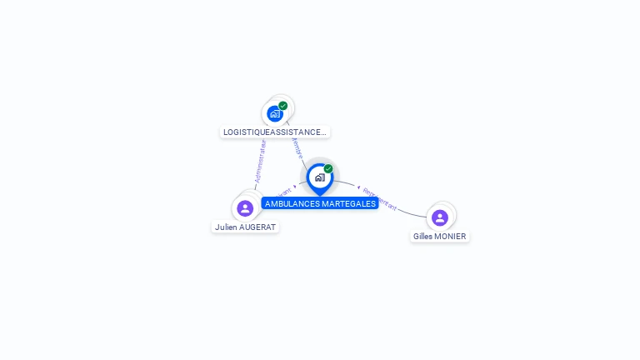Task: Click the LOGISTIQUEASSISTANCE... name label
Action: pyautogui.click(x=275, y=132)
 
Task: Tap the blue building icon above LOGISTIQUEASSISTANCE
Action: pyautogui.click(x=275, y=113)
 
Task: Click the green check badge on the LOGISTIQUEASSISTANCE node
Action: pyautogui.click(x=283, y=106)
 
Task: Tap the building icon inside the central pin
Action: pyautogui.click(x=319, y=177)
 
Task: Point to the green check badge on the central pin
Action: pyautogui.click(x=328, y=169)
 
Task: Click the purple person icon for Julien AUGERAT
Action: pyautogui.click(x=245, y=208)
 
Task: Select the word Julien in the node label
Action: pyautogui.click(x=226, y=227)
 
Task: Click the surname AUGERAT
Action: pyautogui.click(x=257, y=227)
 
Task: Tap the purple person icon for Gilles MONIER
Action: pyautogui.click(x=440, y=217)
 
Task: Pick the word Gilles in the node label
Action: pyautogui.click(x=425, y=236)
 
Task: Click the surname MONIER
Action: pyautogui.click(x=452, y=236)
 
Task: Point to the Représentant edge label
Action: pyautogui.click(x=380, y=198)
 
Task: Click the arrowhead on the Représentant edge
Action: pyautogui.click(x=358, y=187)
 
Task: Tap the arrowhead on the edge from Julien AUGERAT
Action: pyautogui.click(x=295, y=187)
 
